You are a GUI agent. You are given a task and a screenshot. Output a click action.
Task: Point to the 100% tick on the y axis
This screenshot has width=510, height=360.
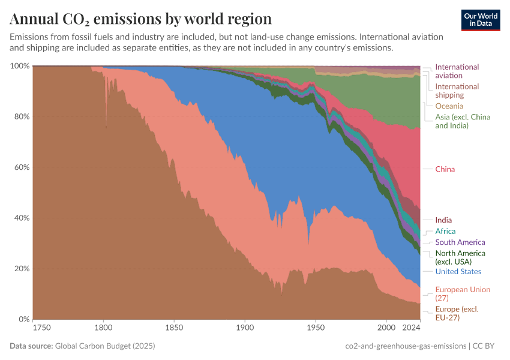pos(19,66)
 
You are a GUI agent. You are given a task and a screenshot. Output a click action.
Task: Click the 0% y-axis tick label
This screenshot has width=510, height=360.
pos(23,319)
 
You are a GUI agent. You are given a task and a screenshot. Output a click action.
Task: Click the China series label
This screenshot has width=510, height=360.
pos(445,169)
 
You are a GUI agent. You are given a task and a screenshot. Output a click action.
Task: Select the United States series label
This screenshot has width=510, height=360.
pos(458,272)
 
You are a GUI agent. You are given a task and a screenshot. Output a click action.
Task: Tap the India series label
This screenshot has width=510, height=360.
pos(443,220)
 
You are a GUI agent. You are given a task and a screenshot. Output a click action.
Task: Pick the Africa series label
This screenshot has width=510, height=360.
pos(445,231)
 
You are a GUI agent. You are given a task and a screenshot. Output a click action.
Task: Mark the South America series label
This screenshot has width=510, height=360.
pos(460,242)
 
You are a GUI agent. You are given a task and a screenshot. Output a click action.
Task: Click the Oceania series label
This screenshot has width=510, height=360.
pos(449,106)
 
